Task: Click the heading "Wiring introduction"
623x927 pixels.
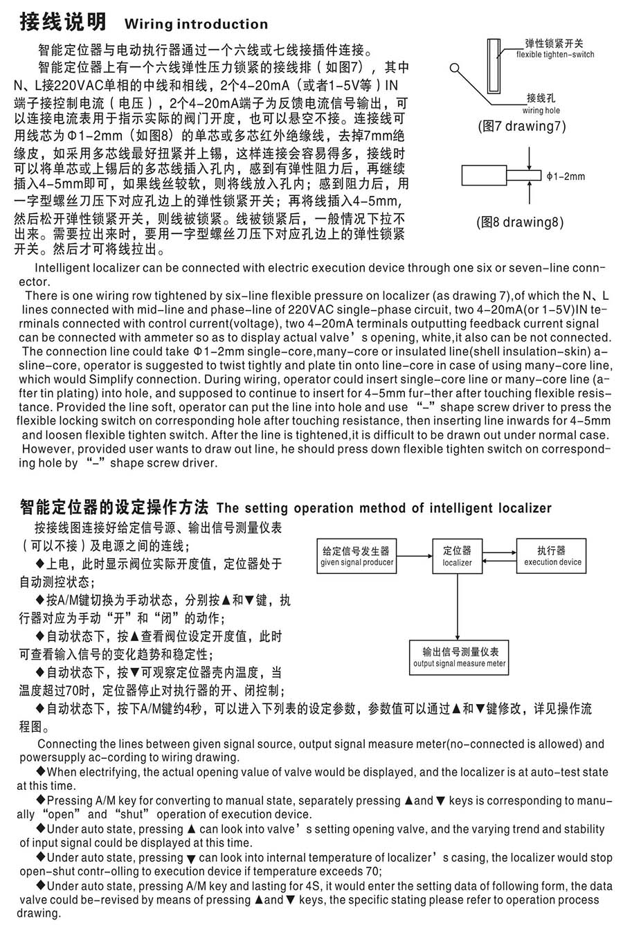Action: click(196, 24)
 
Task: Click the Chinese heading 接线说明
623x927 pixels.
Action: click(62, 23)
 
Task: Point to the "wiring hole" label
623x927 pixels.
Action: click(541, 110)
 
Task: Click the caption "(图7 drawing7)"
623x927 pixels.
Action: click(521, 126)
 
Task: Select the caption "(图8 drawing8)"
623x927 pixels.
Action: click(519, 222)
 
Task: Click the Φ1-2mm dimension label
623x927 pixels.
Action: click(565, 177)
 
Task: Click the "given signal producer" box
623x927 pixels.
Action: click(356, 556)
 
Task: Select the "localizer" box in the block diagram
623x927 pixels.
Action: click(457, 556)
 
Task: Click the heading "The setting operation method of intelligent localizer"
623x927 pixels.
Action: click(384, 508)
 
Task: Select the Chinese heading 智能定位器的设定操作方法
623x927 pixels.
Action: click(116, 507)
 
